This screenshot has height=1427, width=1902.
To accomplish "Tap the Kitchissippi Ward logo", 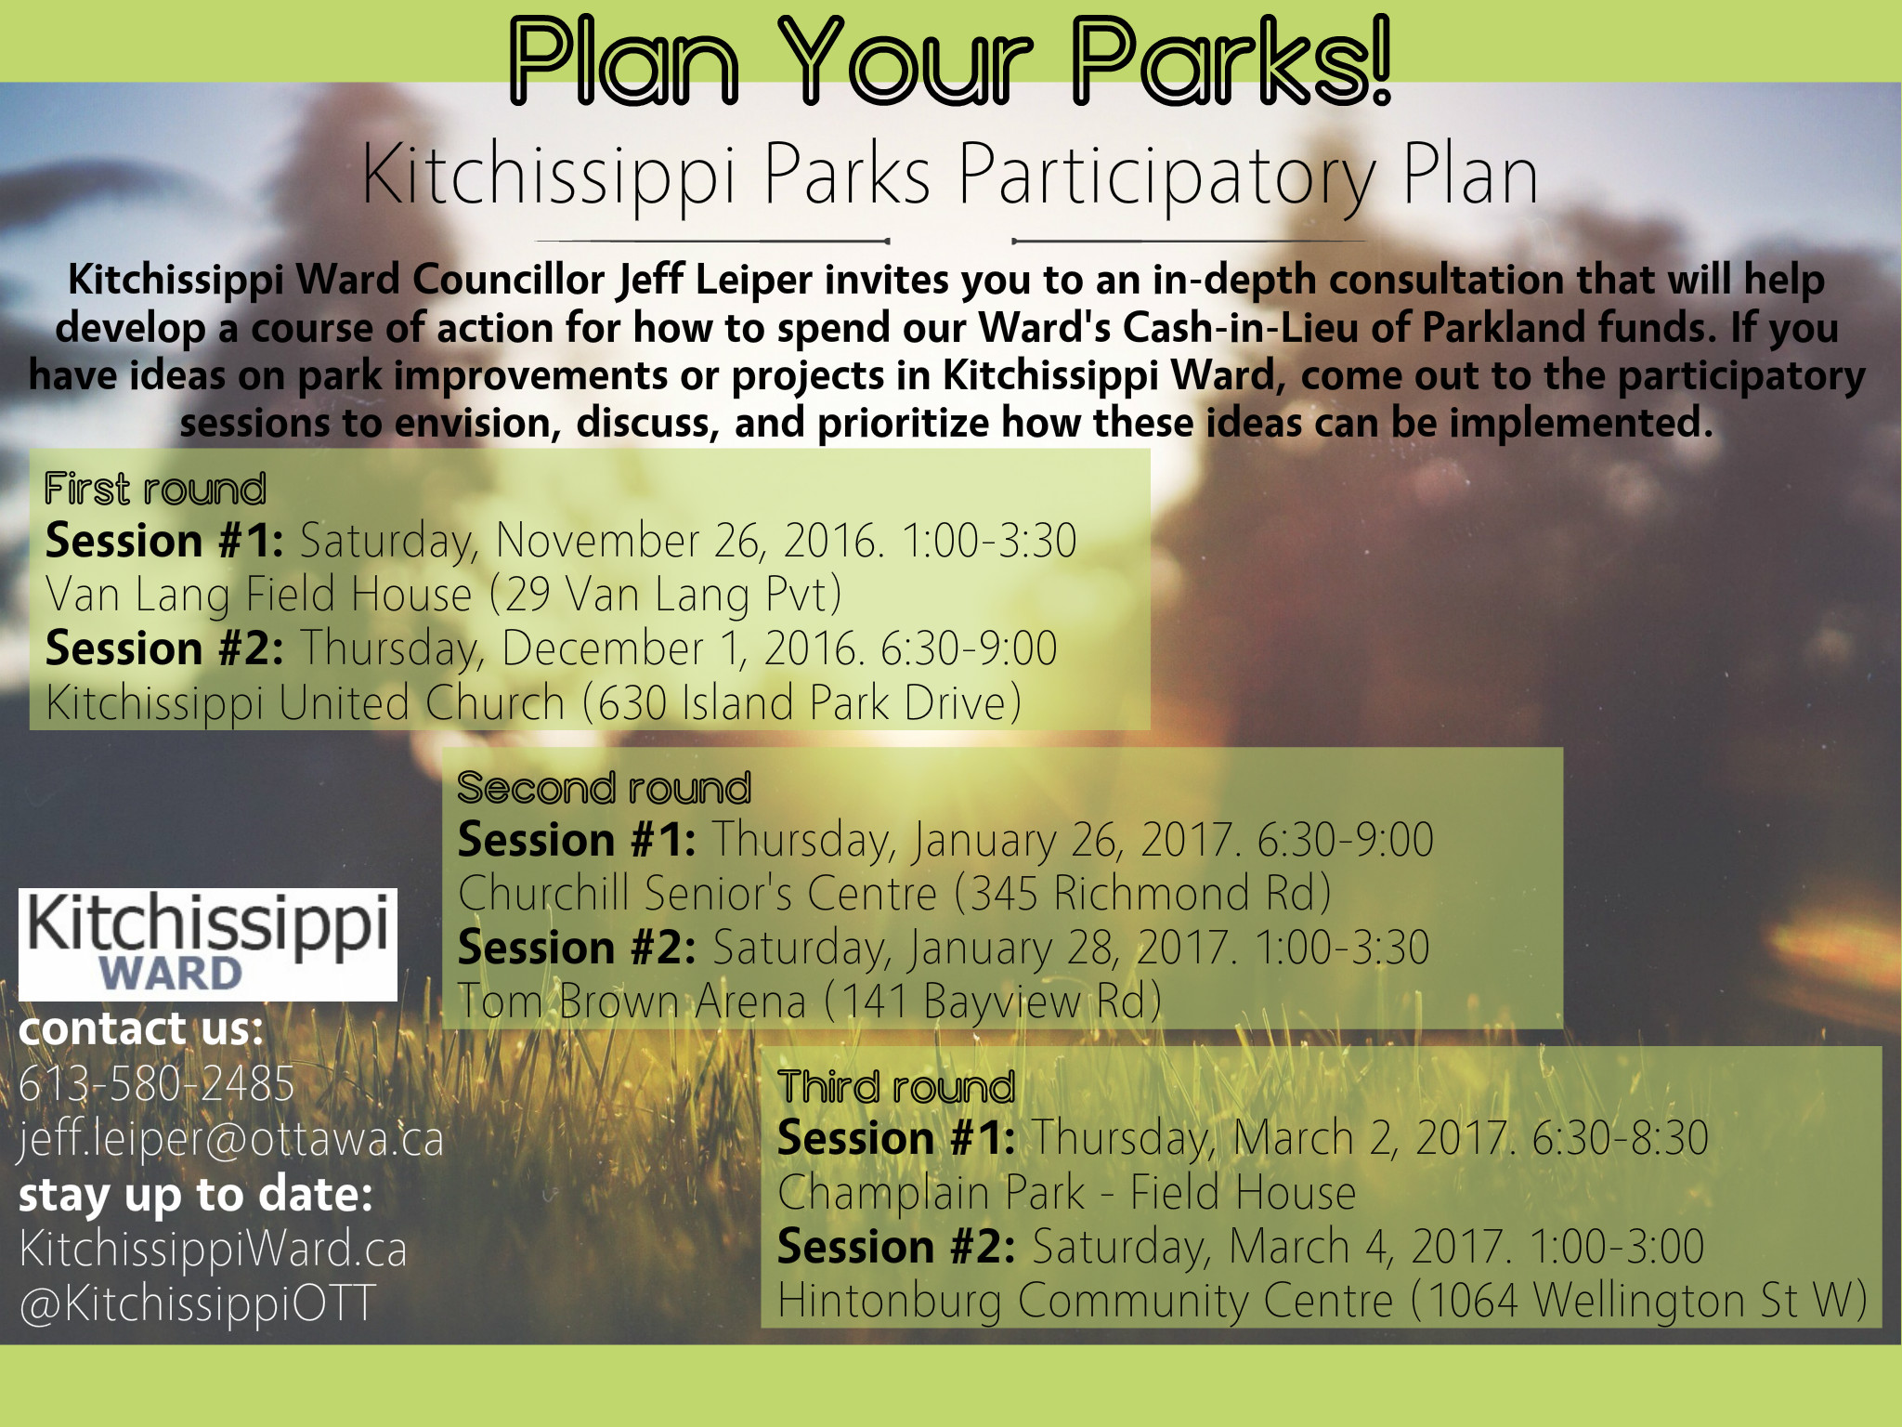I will (x=208, y=944).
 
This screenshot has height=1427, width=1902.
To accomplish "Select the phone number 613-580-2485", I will (x=156, y=1083).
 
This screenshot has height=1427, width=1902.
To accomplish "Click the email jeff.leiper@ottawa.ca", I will (x=231, y=1139).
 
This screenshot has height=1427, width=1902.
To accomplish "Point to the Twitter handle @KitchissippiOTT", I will (x=197, y=1303).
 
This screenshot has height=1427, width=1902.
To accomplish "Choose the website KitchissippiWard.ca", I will (x=213, y=1249).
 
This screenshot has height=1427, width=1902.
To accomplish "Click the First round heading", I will (x=155, y=489).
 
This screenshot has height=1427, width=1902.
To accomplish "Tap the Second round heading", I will (x=604, y=788).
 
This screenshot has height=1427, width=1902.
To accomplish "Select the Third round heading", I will (x=896, y=1087).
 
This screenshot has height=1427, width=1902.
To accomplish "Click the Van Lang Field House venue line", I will (x=444, y=595).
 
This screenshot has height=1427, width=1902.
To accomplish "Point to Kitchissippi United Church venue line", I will (x=533, y=702).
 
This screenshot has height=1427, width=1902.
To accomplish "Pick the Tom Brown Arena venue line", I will (x=809, y=1002).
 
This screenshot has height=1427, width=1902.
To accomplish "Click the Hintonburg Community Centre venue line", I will (x=1322, y=1301).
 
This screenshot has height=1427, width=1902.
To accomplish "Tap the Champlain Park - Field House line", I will (x=1066, y=1193).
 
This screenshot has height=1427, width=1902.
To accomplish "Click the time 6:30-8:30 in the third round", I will (x=1620, y=1139).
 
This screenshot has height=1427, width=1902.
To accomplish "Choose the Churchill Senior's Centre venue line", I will (x=894, y=894).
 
